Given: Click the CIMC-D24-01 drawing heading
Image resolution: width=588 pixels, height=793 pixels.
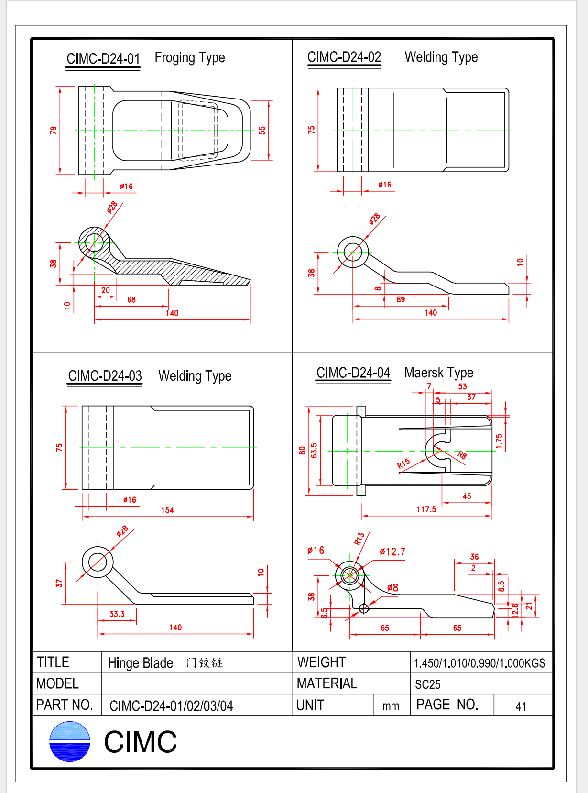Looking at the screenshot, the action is (x=103, y=59).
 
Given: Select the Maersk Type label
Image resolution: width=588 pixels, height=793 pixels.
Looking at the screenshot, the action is (x=438, y=373).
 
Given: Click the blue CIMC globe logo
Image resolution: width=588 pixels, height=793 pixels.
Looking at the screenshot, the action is (x=70, y=741).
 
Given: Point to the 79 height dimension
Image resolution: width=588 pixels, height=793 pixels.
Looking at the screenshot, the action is (x=53, y=130).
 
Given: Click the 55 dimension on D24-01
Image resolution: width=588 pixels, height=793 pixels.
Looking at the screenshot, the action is (x=262, y=131).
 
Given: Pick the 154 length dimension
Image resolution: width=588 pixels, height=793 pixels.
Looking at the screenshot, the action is (x=167, y=510).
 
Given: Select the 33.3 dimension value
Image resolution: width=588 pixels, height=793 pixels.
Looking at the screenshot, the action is (x=117, y=614).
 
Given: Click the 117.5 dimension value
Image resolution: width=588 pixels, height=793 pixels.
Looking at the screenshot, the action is (x=426, y=509).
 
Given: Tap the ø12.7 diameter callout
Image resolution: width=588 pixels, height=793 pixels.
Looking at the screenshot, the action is (x=392, y=551).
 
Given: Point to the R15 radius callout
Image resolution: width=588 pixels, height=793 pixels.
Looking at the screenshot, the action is (x=403, y=464).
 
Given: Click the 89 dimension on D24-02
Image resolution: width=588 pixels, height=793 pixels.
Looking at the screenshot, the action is (x=401, y=299).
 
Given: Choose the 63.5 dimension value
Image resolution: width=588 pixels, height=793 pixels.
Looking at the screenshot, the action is (x=314, y=451).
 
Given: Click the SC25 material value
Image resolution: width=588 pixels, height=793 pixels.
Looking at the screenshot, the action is (x=427, y=684).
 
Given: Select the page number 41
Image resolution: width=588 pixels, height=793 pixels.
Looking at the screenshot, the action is (x=521, y=706).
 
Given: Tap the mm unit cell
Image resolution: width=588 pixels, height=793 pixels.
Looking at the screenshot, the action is (x=391, y=706).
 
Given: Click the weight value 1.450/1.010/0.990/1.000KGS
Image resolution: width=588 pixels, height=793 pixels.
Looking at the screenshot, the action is (x=479, y=663).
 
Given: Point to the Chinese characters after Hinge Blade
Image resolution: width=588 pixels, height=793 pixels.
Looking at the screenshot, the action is (x=205, y=663).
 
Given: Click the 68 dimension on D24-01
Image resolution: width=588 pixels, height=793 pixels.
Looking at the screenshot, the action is (x=131, y=299).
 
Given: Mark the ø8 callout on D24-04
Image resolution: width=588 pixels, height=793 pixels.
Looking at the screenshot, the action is (x=392, y=587).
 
